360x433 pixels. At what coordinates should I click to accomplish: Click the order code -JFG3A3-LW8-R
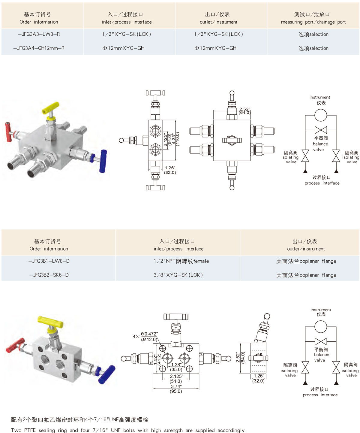[x=39, y=34]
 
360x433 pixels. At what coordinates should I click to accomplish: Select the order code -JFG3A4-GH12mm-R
[x=39, y=48]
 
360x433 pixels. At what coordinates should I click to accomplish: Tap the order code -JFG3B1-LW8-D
[x=49, y=261]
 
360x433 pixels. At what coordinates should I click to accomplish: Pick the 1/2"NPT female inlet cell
[x=181, y=261]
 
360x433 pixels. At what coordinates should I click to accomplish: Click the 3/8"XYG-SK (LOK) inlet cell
[x=178, y=275]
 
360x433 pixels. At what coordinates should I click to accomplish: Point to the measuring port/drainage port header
[x=313, y=18]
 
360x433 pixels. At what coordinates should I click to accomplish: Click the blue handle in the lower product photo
[x=107, y=374]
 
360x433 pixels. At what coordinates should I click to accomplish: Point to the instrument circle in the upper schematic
[x=321, y=115]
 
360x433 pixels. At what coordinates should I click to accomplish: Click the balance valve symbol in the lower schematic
[x=321, y=341]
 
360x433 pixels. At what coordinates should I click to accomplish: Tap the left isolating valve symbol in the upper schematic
[x=305, y=156]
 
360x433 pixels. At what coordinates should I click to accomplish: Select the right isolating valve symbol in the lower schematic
[x=336, y=367]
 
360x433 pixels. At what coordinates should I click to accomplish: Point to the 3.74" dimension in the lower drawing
[x=176, y=386]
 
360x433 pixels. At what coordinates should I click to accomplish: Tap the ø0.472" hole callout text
[x=149, y=334]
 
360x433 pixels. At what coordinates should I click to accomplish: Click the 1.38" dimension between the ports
[x=176, y=365]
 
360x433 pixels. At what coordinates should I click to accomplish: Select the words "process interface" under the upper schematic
[x=322, y=183]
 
